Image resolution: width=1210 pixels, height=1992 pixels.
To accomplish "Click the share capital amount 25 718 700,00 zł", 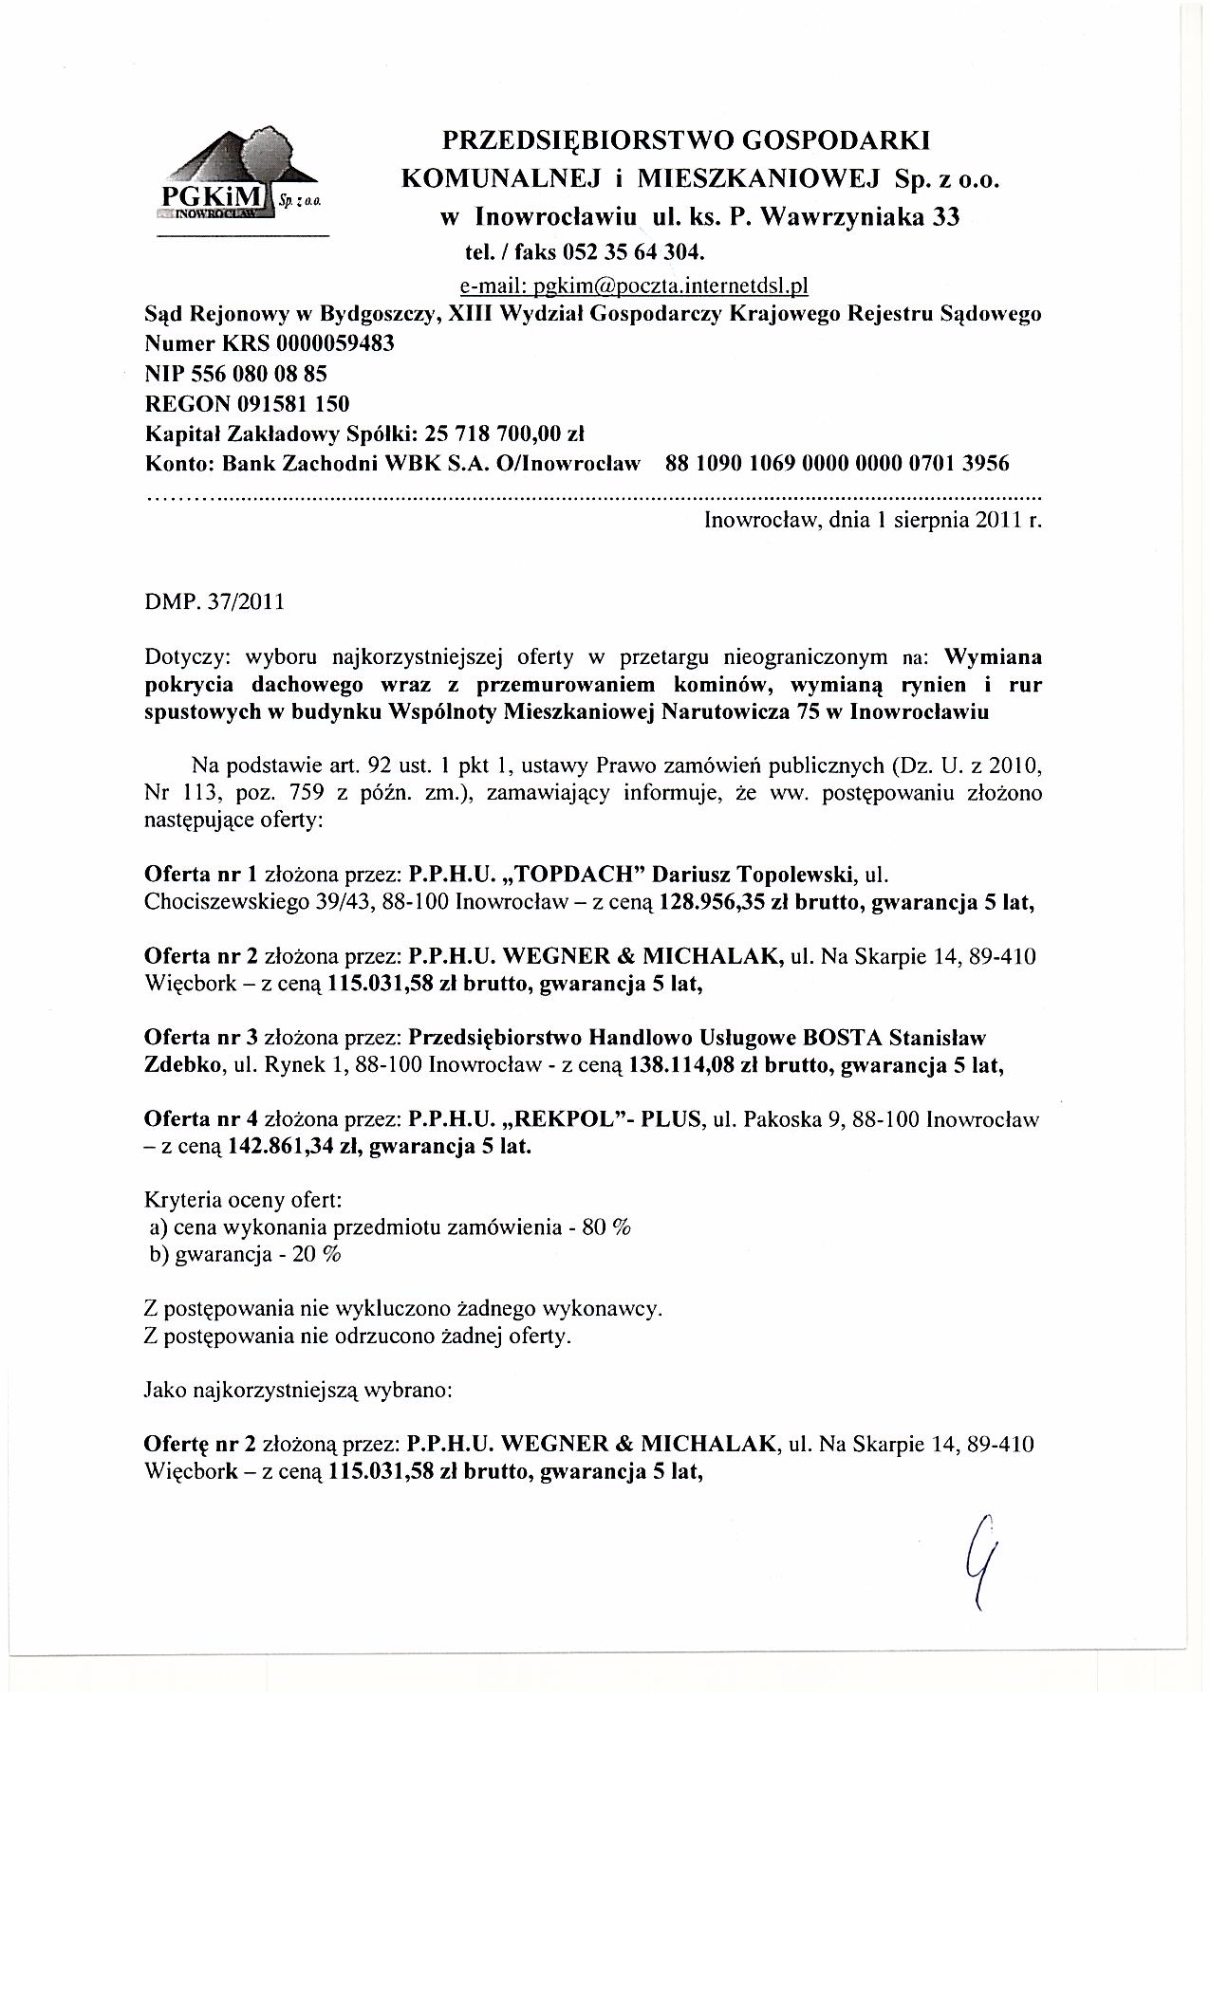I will click(x=505, y=434).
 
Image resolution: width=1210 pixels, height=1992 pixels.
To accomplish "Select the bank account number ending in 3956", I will click(x=838, y=464).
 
